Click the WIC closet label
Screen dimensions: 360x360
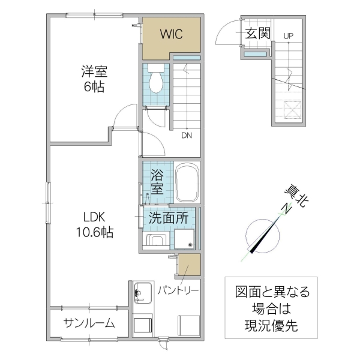[x=170, y=34]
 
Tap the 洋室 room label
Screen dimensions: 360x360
[x=94, y=72]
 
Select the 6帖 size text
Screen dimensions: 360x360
[x=94, y=88]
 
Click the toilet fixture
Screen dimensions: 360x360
[x=156, y=80]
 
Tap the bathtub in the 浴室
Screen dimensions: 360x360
[x=188, y=182]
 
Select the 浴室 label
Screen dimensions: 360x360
[x=157, y=182]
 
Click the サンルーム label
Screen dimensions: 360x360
[x=89, y=323]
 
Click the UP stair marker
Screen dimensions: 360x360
[x=289, y=36]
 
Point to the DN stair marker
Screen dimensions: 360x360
[x=187, y=135]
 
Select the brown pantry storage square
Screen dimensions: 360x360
[x=190, y=265]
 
